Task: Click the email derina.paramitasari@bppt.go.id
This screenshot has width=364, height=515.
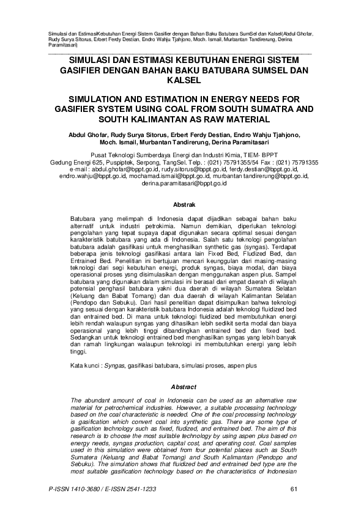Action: (x=183, y=183)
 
